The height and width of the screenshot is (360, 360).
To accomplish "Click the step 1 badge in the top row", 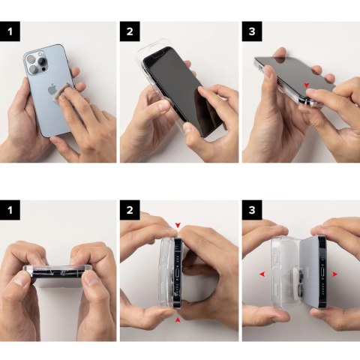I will coord(8,31).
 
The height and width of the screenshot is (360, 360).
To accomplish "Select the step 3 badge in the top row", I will coord(250,31).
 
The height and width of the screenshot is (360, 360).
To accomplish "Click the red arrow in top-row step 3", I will coord(306,85).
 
